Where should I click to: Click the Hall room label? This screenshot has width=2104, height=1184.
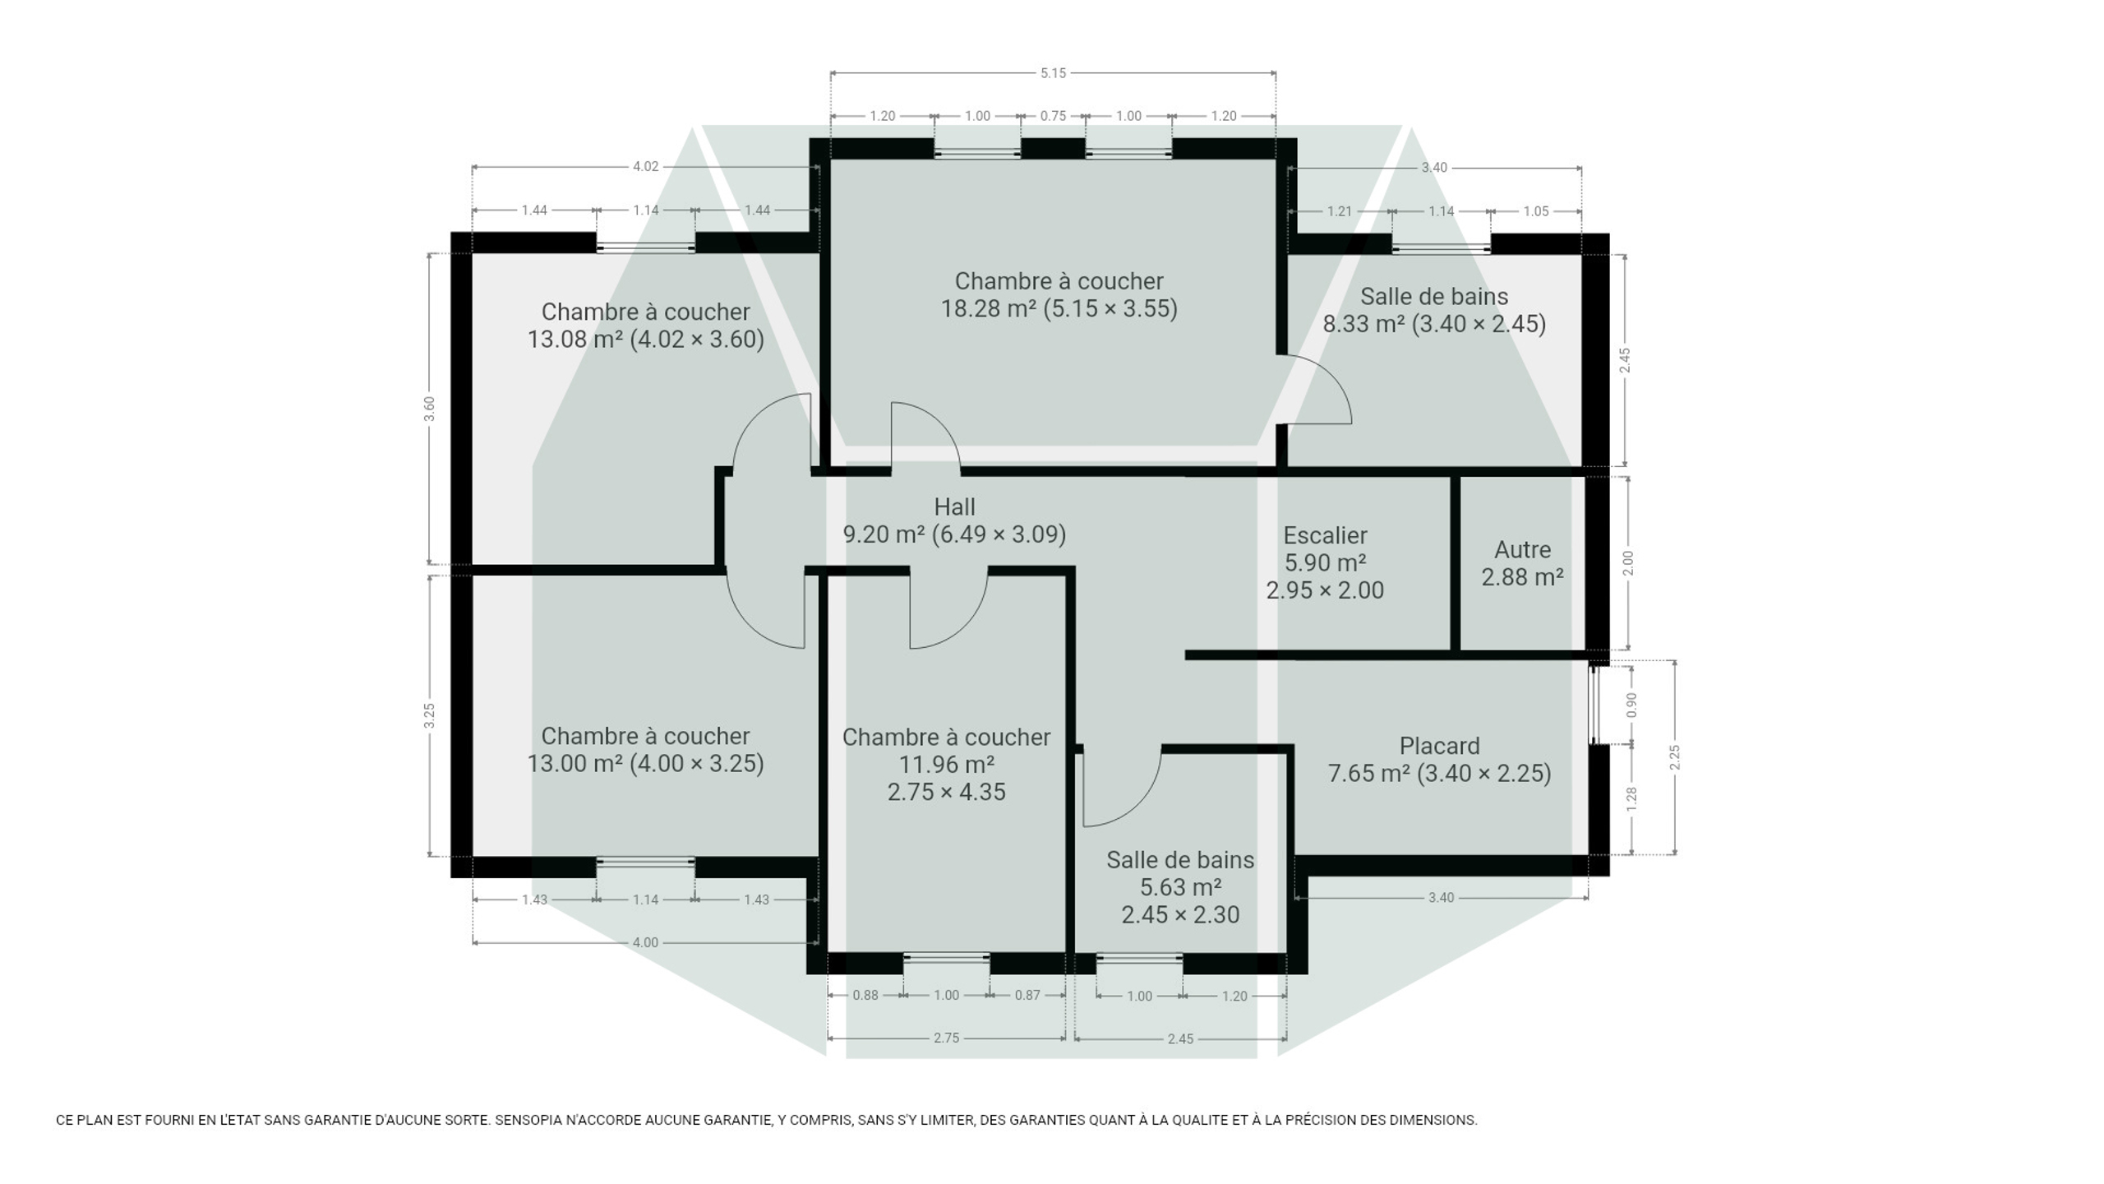click(x=954, y=506)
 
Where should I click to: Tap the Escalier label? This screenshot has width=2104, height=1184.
click(x=1325, y=535)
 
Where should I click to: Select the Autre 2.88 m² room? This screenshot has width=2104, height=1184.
click(x=1522, y=563)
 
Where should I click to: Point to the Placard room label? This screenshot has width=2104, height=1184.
click(x=1439, y=746)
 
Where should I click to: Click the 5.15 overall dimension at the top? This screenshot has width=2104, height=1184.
click(x=1053, y=73)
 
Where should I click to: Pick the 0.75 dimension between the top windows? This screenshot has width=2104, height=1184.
click(x=1053, y=116)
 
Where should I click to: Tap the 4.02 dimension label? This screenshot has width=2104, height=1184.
click(x=645, y=167)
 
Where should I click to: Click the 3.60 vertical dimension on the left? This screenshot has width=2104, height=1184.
click(x=429, y=409)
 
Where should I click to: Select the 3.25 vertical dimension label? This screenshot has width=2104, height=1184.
click(x=429, y=715)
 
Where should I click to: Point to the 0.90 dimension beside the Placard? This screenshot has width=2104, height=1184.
click(x=1631, y=705)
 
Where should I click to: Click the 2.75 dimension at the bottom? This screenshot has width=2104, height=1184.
click(x=946, y=1038)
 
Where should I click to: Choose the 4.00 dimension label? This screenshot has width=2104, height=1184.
click(x=645, y=942)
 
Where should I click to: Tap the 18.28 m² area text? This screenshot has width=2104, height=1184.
click(x=988, y=308)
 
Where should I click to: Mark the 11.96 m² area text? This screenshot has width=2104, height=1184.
click(x=946, y=765)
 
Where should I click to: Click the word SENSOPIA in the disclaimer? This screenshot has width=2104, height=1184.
click(x=528, y=1120)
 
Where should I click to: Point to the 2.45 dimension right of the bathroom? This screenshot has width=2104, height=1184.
click(x=1624, y=360)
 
